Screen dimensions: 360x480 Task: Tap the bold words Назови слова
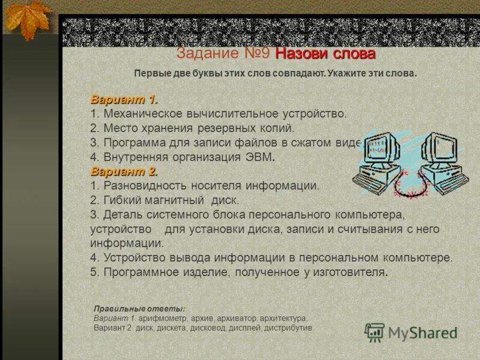pos(325,53)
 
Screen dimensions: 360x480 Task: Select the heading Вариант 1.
pos(124,99)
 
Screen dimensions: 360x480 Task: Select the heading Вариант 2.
pos(124,172)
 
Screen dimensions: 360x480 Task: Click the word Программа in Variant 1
pos(131,143)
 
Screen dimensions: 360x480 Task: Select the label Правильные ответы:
pos(131,308)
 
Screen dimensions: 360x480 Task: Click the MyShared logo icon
pos(375,332)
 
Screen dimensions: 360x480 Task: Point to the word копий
pos(278,128)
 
